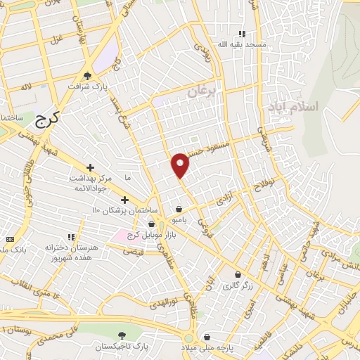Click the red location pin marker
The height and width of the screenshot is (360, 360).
pyautogui.click(x=181, y=165)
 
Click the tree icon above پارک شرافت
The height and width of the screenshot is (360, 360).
pyautogui.click(x=87, y=75)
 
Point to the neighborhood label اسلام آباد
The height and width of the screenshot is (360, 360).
pyautogui.click(x=293, y=106)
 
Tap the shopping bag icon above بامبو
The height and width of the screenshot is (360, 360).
pyautogui.click(x=179, y=209)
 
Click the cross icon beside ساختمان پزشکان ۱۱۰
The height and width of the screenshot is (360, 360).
pyautogui.click(x=124, y=200)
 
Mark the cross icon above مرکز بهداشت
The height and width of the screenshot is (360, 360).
pyautogui.click(x=90, y=167)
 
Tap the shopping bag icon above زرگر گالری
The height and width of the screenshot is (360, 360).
pyautogui.click(x=238, y=274)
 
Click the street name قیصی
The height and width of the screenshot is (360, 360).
pyautogui.click(x=133, y=251)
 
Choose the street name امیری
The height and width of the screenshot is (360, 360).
pyautogui.click(x=248, y=306)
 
